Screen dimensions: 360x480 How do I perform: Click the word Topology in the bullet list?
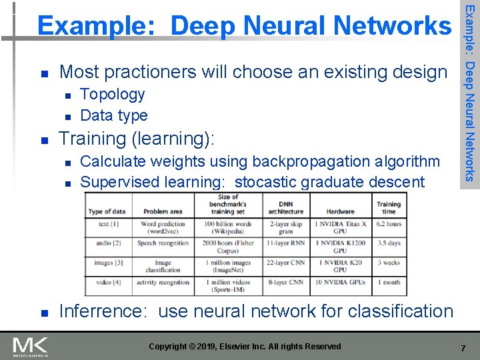coord(112,94)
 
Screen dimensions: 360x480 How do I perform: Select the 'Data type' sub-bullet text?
coord(113,115)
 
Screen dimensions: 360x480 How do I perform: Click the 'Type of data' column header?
coord(107,211)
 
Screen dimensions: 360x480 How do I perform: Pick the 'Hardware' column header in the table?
coord(340,211)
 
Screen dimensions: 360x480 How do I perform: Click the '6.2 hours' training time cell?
coord(389,224)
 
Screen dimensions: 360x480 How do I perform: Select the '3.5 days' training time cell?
coord(389,243)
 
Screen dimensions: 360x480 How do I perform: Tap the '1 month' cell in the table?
coord(389,282)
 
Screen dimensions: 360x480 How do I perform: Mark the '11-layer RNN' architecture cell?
coord(286,243)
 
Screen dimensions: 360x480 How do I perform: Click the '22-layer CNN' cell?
coord(286,263)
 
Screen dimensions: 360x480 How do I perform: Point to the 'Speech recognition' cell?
coord(163,243)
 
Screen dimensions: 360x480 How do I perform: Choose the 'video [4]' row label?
coord(107,282)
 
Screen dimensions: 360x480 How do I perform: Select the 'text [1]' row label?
coord(107,224)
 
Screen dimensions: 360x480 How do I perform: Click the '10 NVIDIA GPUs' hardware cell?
coord(340,282)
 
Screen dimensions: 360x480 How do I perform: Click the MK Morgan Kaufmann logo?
coord(30,347)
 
